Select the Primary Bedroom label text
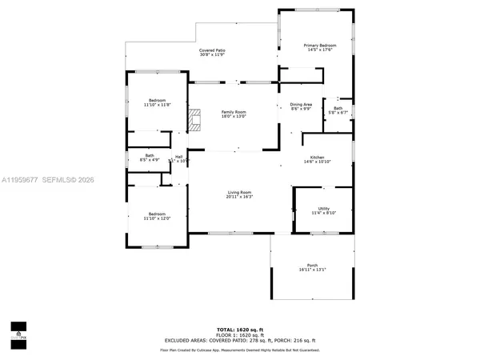coord(319,46)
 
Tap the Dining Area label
coord(301,105)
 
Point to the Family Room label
coord(234,112)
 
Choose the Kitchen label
coord(311,158)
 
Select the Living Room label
coord(239,192)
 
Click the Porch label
coord(312,266)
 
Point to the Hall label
coord(179,157)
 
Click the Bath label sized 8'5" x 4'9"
coord(150,155)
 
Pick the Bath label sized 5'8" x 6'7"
coord(338,108)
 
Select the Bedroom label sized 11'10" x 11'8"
coord(156,100)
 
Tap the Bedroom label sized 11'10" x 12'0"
coord(157,214)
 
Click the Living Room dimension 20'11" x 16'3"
coord(239,197)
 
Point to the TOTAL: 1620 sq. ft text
coord(240,329)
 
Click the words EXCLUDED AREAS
coord(185,340)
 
